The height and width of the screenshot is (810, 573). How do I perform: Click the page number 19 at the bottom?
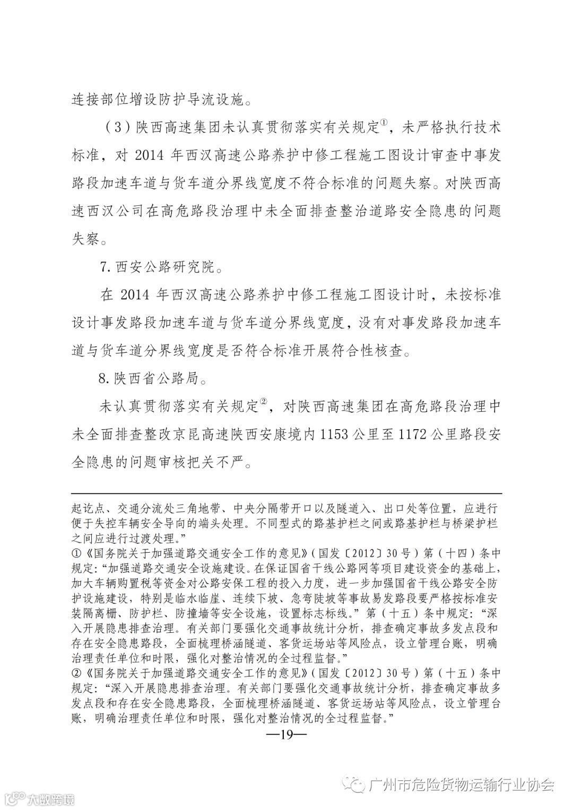click(286, 735)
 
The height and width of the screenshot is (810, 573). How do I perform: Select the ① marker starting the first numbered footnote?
click(75, 553)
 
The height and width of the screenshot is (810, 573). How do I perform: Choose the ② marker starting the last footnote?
click(75, 674)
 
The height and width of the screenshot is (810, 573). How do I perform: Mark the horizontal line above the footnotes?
click(286, 493)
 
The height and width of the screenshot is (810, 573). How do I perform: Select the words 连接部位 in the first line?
click(99, 98)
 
